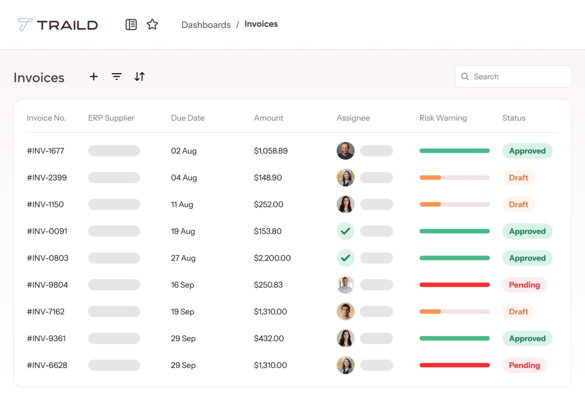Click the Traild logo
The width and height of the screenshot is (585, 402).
point(58,25)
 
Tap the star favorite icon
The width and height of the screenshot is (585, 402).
point(152,24)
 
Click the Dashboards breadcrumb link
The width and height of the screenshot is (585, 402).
point(206,25)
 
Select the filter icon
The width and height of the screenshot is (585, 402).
point(117,77)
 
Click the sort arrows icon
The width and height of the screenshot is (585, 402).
point(139,77)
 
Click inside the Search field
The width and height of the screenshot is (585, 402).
point(518,77)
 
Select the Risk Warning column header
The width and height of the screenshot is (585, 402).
point(443,118)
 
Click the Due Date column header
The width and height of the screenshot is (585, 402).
point(188,118)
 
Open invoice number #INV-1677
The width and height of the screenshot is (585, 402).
point(46,151)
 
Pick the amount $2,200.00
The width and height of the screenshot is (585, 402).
point(272,258)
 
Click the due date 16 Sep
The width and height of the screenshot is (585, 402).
point(183,285)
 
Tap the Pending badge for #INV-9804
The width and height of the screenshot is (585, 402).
point(524,285)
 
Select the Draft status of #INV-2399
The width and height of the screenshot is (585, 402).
point(518,177)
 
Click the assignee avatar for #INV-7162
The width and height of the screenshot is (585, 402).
point(346,311)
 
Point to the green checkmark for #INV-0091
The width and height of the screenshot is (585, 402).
point(346,231)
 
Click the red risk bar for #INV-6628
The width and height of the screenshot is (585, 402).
point(454,365)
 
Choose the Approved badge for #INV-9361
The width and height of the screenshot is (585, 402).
point(527,338)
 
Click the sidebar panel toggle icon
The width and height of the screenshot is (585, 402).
point(131,24)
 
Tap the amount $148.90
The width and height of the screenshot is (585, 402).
point(268,177)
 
